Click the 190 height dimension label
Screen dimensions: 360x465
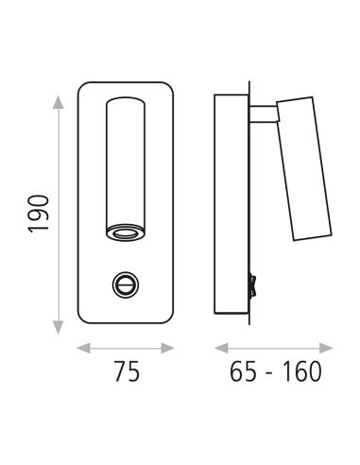39,215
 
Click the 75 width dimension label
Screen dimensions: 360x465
127,371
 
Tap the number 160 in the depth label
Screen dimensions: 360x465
302,371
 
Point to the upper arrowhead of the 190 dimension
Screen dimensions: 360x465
58,102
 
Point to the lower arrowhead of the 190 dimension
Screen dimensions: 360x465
58,327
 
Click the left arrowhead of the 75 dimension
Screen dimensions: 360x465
84,349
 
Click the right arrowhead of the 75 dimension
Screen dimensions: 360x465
167,349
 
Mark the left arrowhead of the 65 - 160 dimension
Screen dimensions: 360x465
221,349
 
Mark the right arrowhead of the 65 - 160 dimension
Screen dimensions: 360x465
326,349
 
